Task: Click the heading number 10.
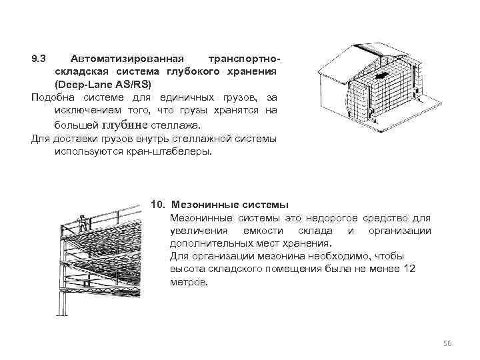(x=158, y=203)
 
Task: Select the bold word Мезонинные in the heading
(x=199, y=203)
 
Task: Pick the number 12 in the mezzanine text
(x=409, y=269)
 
